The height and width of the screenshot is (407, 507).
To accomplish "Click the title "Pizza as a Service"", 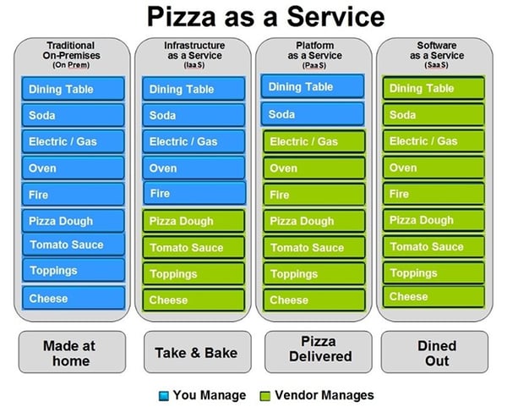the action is click(266, 17).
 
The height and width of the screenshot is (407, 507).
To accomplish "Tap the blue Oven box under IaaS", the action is click(194, 168).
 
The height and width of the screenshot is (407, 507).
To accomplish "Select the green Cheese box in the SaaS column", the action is click(433, 297).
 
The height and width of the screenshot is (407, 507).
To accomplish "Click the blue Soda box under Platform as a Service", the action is click(313, 114).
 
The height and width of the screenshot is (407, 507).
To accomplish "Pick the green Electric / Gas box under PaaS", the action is click(314, 141).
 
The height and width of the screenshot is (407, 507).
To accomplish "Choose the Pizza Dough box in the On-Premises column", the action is click(73, 221).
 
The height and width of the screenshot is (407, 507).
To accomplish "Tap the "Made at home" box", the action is click(72, 352).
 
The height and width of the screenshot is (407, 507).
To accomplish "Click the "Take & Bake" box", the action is click(197, 352).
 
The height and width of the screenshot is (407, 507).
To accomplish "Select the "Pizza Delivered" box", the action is click(319, 352).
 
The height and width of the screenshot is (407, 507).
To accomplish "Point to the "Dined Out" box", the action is click(434, 352).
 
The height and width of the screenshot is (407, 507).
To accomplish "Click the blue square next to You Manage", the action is click(164, 396).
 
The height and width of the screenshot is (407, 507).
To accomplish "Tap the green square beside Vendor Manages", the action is click(265, 396).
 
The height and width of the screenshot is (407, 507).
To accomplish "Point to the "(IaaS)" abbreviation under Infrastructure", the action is click(194, 65).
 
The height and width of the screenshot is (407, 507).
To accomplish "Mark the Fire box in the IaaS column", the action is click(194, 193).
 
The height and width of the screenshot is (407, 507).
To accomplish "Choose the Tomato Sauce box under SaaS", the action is click(433, 247).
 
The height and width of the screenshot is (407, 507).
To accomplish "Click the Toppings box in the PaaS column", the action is click(314, 274).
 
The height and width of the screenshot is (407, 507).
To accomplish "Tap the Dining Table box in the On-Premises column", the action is click(73, 89).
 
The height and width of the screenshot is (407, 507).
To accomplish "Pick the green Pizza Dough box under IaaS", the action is click(194, 221).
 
